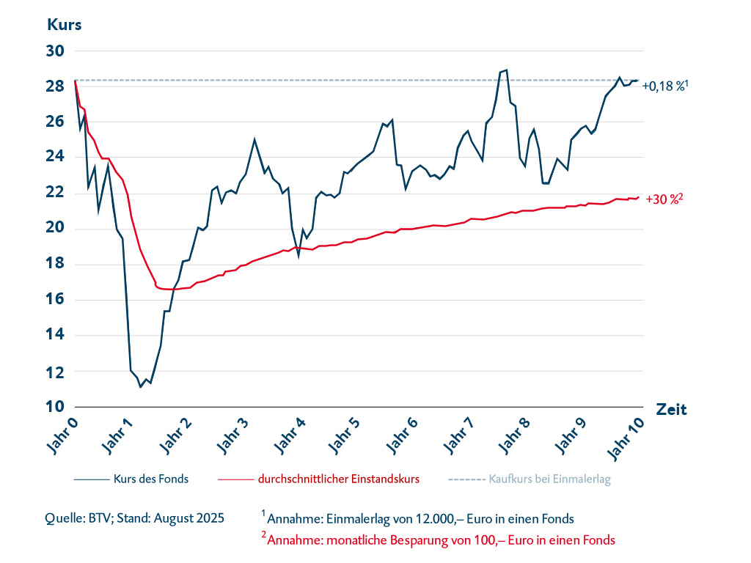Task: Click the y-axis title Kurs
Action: pos(64,23)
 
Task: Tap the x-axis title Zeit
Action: pos(671,409)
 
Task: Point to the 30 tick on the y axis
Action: pos(56,51)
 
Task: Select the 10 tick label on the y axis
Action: pos(56,407)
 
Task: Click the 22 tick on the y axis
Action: pos(56,193)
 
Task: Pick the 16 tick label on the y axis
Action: pos(56,300)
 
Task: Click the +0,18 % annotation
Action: pos(664,86)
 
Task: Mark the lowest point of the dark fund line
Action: pos(140,386)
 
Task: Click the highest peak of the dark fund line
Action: pos(506,70)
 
